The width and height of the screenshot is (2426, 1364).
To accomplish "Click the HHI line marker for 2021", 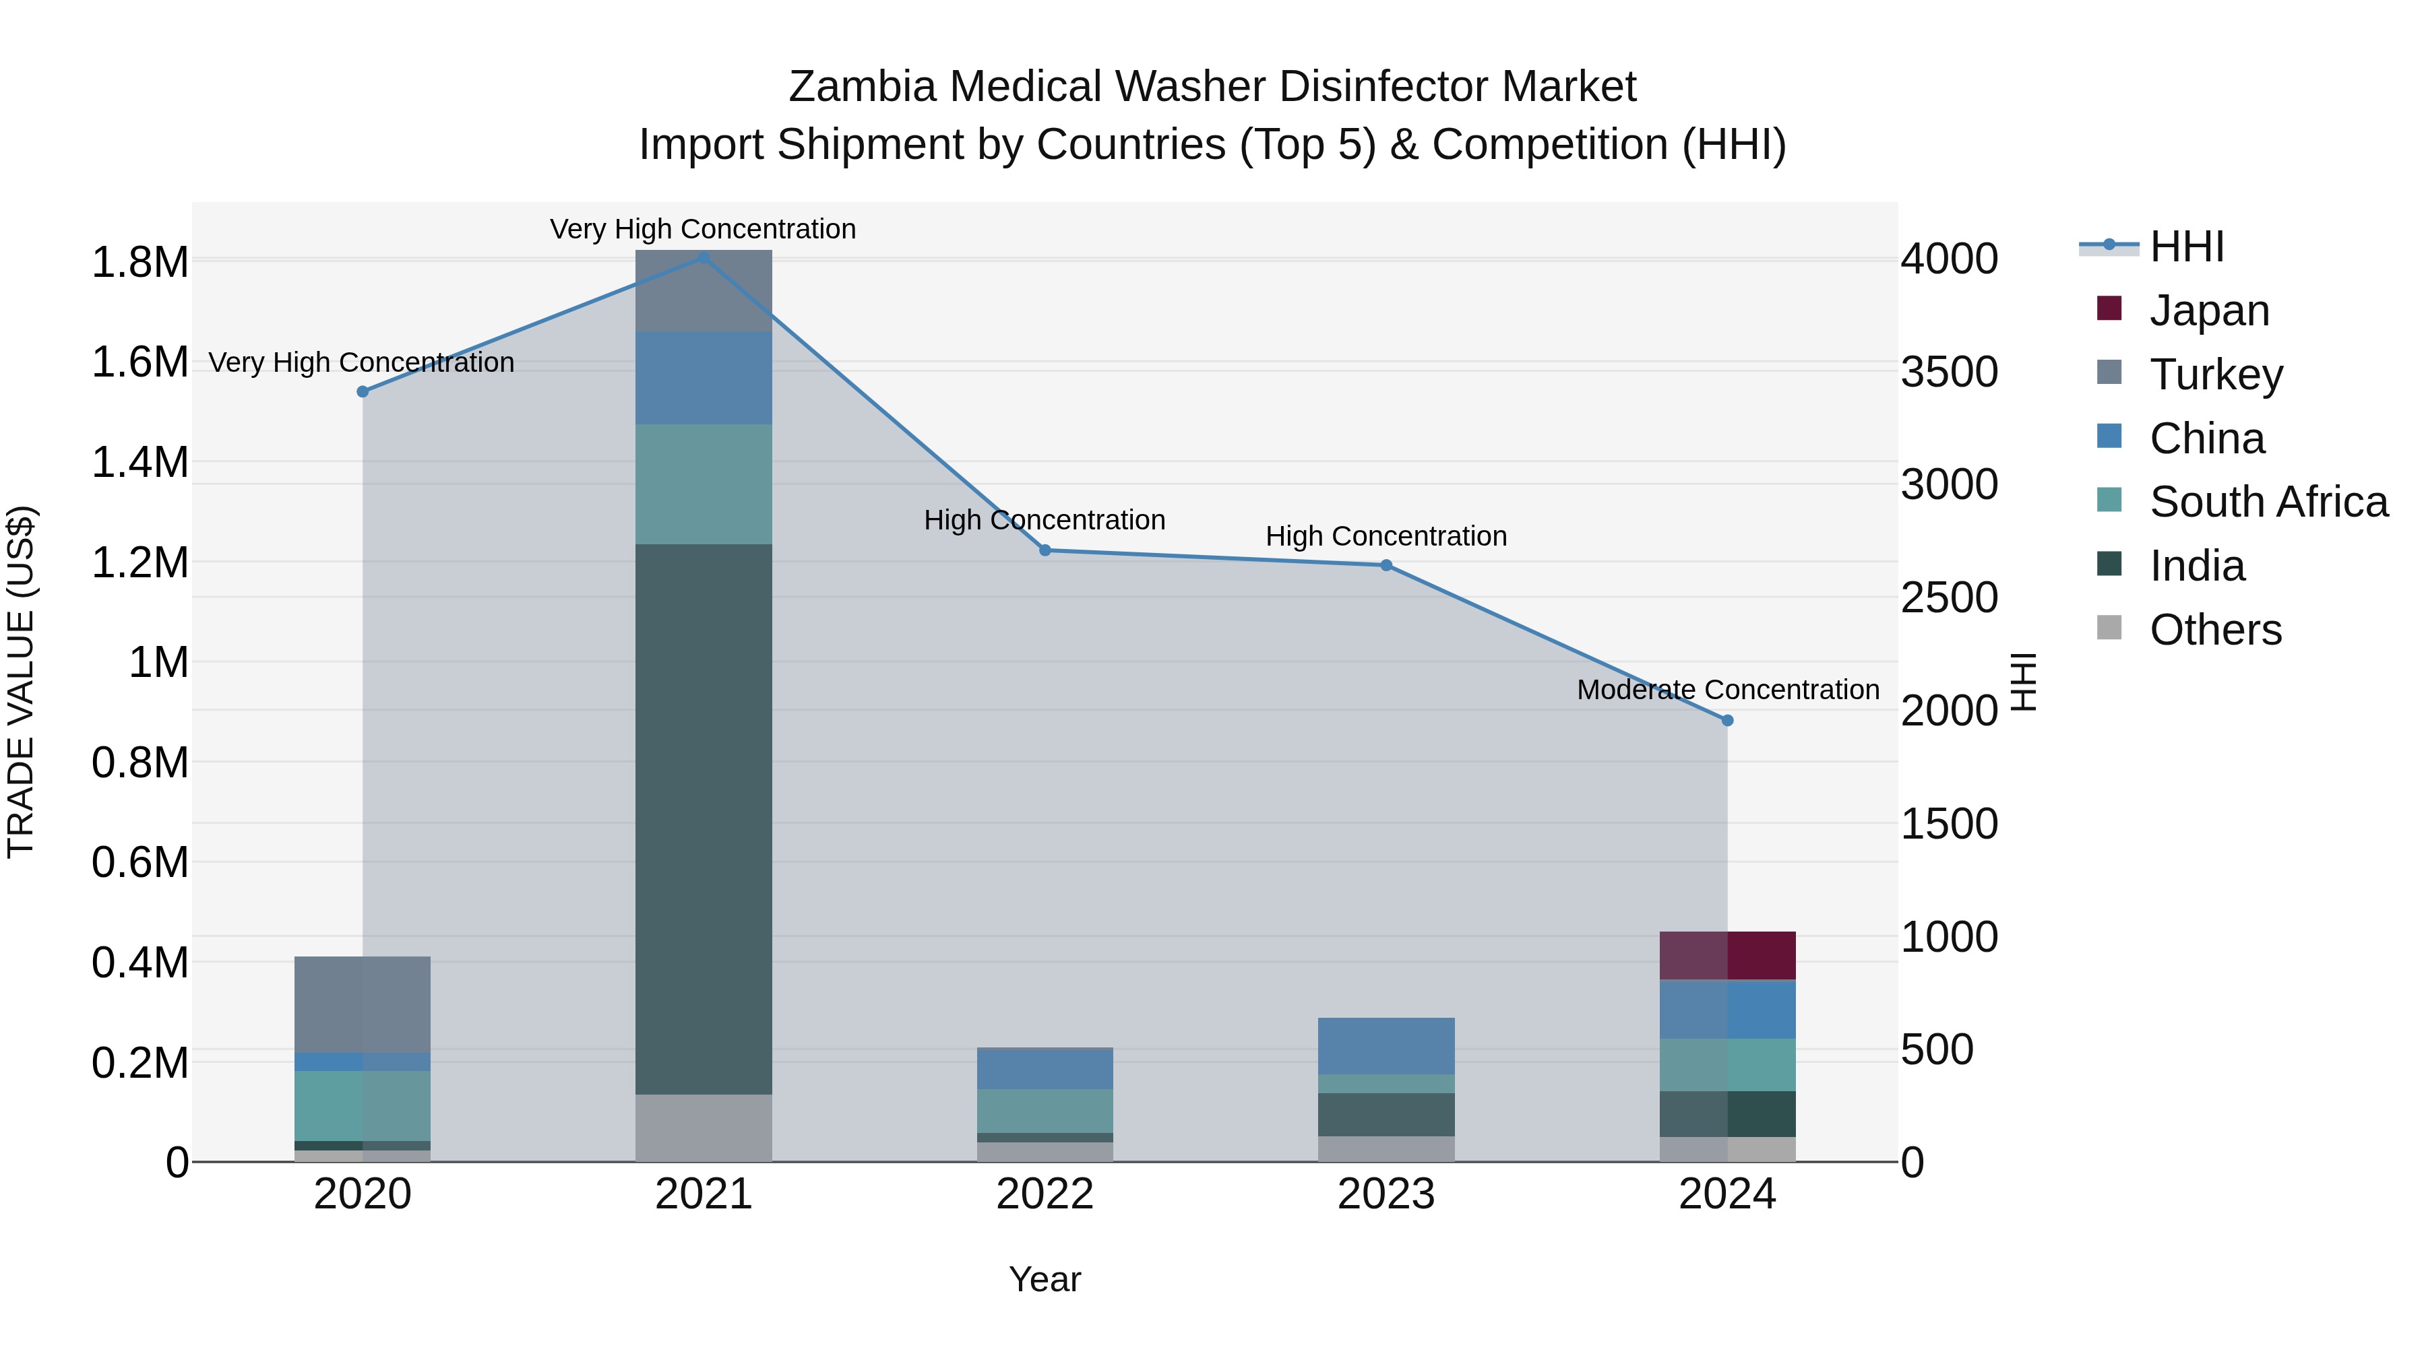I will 704,257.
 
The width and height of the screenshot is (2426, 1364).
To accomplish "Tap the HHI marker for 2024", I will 1727,720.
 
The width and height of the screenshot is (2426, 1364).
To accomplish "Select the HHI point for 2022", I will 1045,550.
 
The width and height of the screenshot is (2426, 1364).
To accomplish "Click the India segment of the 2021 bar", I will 704,819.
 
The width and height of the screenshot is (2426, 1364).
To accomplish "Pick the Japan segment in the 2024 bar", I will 1727,955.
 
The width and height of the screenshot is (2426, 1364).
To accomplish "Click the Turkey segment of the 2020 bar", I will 363,1004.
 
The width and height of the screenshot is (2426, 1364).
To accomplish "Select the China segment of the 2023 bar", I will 1386,1046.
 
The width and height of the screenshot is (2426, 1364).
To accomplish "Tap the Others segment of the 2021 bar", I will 704,1128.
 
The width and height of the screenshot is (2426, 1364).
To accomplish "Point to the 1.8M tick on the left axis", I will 140,262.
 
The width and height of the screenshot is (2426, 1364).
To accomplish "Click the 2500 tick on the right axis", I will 1948,597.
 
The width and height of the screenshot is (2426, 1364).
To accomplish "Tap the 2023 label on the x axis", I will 1386,1194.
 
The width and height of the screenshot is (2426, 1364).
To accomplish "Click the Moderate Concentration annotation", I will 1727,689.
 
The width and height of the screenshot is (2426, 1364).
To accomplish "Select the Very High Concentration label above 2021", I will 703,229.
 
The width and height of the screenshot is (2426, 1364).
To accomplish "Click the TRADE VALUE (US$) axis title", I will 22,682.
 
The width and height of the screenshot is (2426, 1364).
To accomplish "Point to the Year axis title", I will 1045,1279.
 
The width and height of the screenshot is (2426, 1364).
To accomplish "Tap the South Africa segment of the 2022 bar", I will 1045,1111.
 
